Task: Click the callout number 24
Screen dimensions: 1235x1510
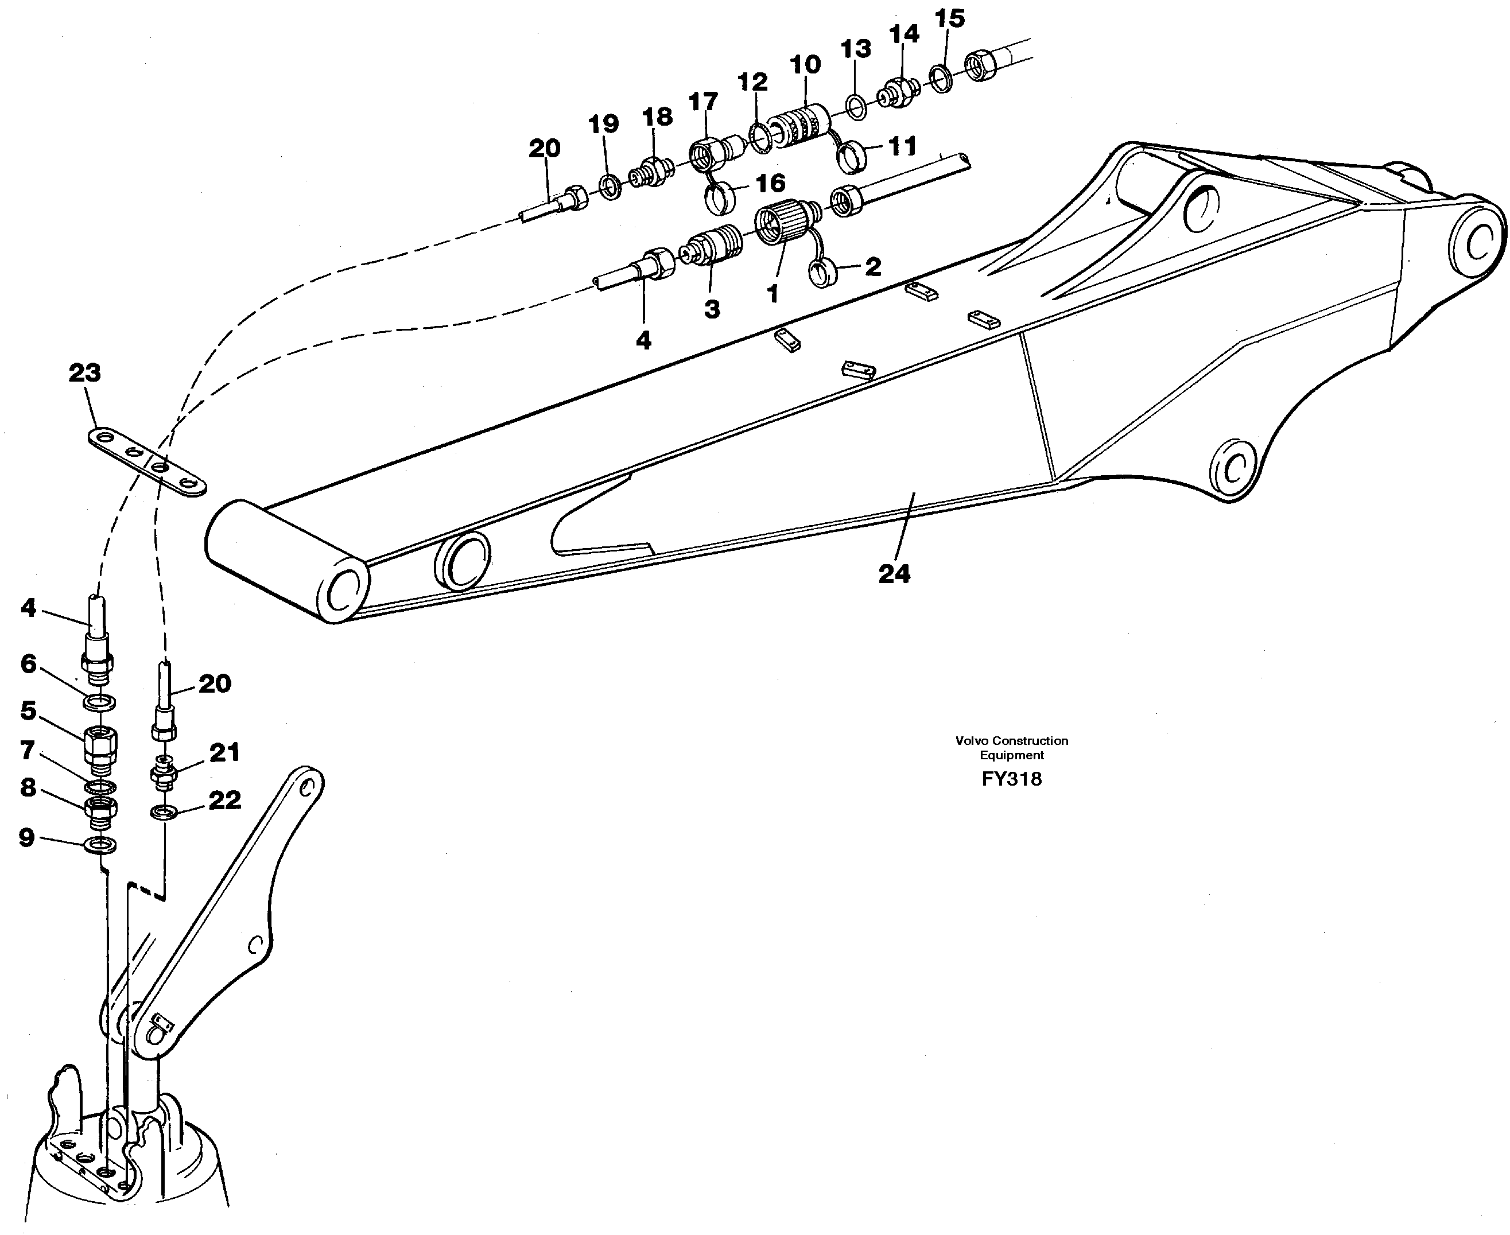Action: pyautogui.click(x=894, y=574)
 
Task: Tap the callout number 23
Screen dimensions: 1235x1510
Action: pyautogui.click(x=84, y=373)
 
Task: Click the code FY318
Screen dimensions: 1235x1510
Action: pyautogui.click(x=1011, y=779)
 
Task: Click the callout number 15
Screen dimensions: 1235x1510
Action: pyautogui.click(x=949, y=18)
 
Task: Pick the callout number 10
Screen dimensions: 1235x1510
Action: pyautogui.click(x=805, y=65)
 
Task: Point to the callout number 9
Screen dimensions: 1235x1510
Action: pyautogui.click(x=26, y=838)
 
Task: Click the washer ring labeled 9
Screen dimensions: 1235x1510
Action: pyautogui.click(x=100, y=845)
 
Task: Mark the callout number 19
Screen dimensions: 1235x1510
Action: pyautogui.click(x=603, y=125)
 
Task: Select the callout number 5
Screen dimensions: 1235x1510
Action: pyautogui.click(x=29, y=710)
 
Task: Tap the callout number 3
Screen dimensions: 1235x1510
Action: pyautogui.click(x=711, y=309)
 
